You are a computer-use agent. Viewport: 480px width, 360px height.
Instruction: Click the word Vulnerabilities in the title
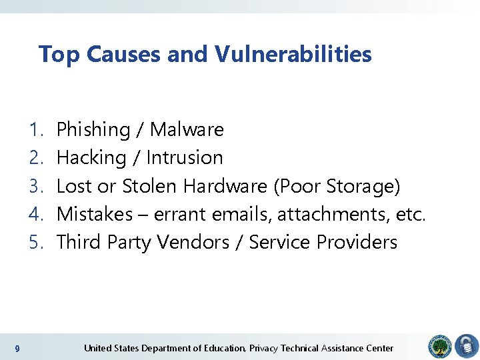[x=293, y=54]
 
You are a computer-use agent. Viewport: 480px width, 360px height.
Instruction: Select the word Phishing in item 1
[x=93, y=129]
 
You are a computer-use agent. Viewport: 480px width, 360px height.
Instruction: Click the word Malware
[x=187, y=129]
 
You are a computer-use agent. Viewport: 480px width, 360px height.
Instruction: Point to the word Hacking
[x=91, y=158]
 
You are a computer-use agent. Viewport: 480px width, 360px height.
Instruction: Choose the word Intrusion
[x=185, y=158]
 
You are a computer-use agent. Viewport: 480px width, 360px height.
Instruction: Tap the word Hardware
[x=225, y=186]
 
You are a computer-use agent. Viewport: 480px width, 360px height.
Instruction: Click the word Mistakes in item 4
[x=95, y=214]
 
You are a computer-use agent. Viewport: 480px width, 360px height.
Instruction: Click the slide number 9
[x=17, y=349]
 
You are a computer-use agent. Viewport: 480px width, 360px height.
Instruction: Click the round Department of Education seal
[x=440, y=347]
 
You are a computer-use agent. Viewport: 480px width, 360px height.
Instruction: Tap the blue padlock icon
[x=467, y=347]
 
